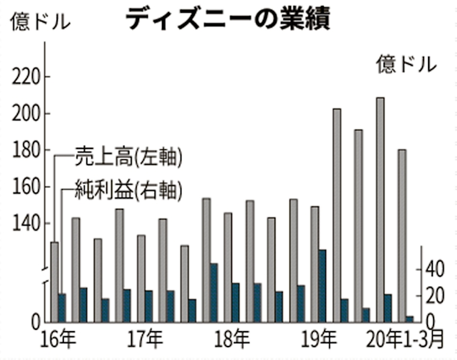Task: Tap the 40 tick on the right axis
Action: click(435, 270)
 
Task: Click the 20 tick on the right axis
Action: click(435, 296)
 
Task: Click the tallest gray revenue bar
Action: click(380, 208)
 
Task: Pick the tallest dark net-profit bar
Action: click(322, 285)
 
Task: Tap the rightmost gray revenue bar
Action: click(402, 235)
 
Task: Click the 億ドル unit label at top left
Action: click(40, 22)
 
